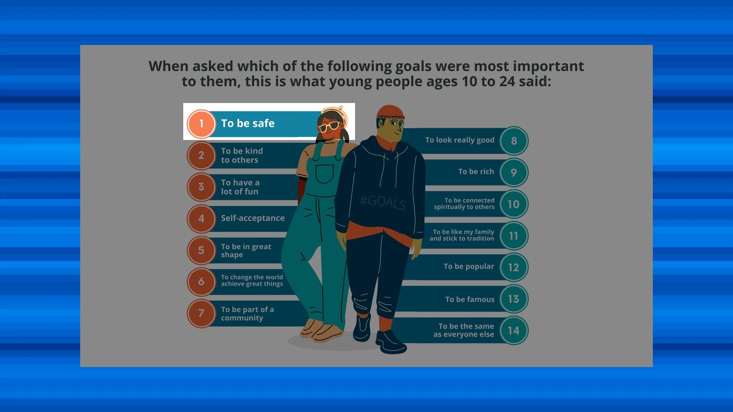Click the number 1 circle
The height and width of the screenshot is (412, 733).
tap(201, 124)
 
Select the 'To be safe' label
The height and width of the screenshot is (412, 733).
tap(248, 123)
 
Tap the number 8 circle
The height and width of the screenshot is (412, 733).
tap(514, 141)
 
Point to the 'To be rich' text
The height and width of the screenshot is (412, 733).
tap(476, 172)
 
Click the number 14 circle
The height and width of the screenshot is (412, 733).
tap(514, 330)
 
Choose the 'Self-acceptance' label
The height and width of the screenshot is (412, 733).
tap(253, 218)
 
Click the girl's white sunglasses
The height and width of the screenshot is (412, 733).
tap(329, 126)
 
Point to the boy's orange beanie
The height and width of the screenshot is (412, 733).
tap(390, 112)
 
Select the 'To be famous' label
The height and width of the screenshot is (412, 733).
tap(470, 299)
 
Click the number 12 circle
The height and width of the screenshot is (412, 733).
tap(514, 267)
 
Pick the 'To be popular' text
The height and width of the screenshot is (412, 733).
tap(469, 267)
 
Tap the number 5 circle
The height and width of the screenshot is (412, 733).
tap(201, 250)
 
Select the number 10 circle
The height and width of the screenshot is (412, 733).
tap(514, 204)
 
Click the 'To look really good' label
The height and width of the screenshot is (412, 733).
tap(460, 140)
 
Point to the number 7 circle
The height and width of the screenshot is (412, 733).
tap(201, 314)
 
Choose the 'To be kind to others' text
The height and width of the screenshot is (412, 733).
tap(242, 156)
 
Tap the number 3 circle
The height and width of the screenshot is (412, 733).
tap(201, 187)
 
